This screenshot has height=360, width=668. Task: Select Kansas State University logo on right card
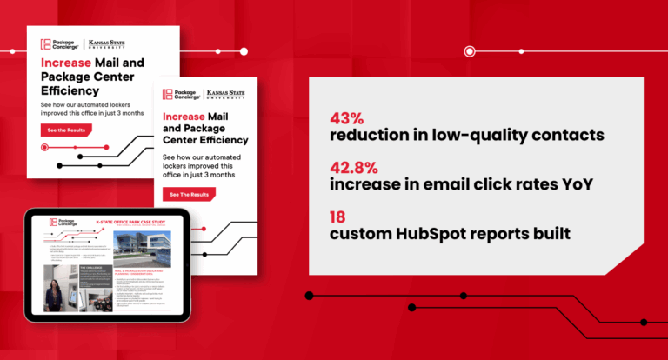[225, 94]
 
